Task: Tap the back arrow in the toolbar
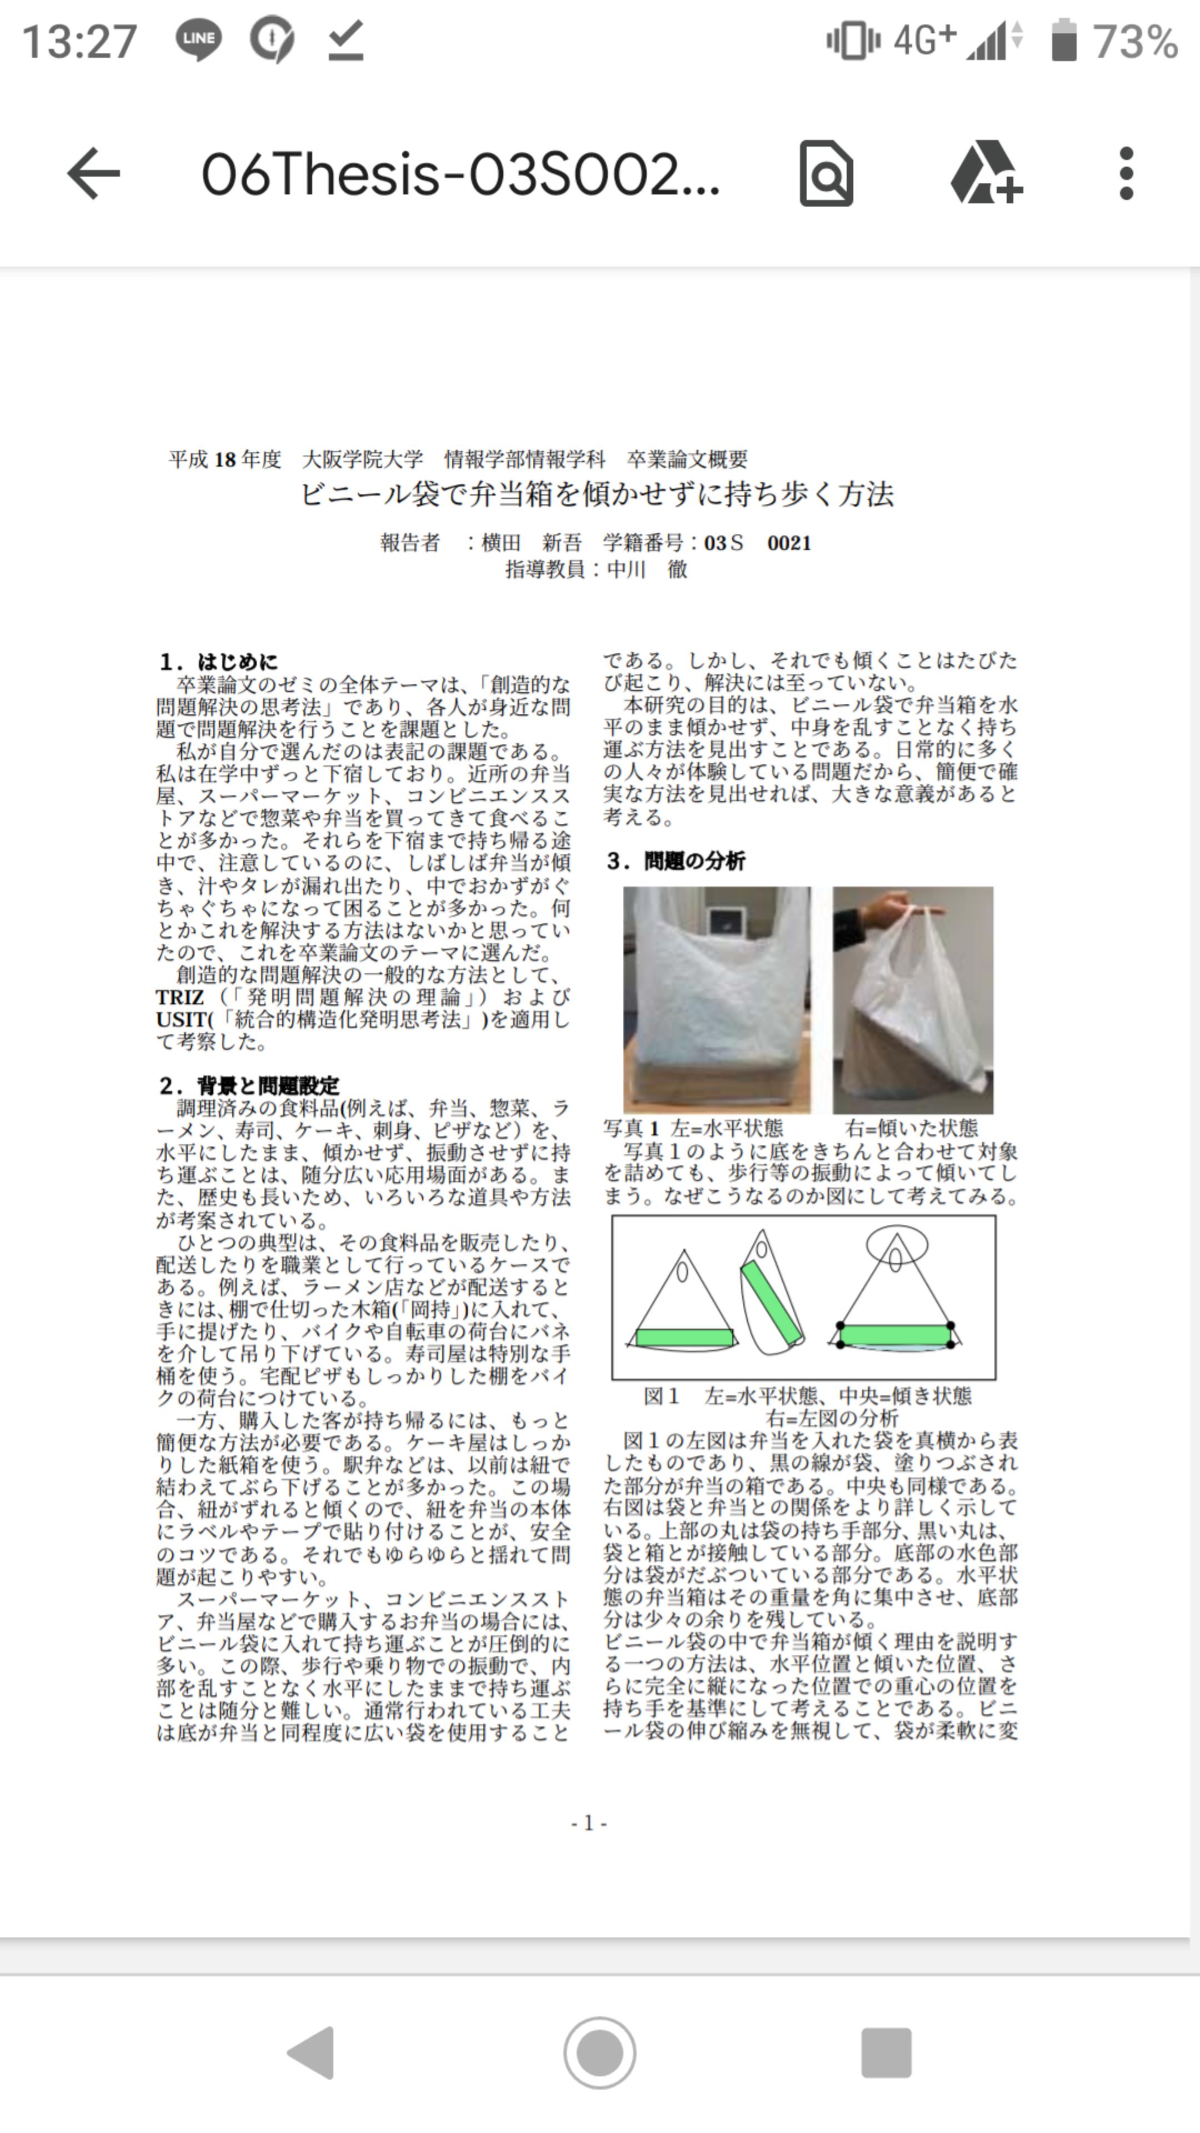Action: (x=93, y=173)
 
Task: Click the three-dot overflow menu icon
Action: (x=1126, y=174)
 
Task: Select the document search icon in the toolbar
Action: (x=826, y=173)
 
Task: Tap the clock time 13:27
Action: (x=79, y=42)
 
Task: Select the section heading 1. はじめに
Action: (x=219, y=662)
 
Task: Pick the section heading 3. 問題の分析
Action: (x=675, y=861)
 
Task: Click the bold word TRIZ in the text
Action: (x=179, y=998)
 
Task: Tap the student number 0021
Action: (x=789, y=543)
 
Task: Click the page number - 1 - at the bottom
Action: (x=589, y=1822)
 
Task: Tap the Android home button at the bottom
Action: (x=599, y=2052)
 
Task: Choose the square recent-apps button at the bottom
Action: (x=886, y=2052)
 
